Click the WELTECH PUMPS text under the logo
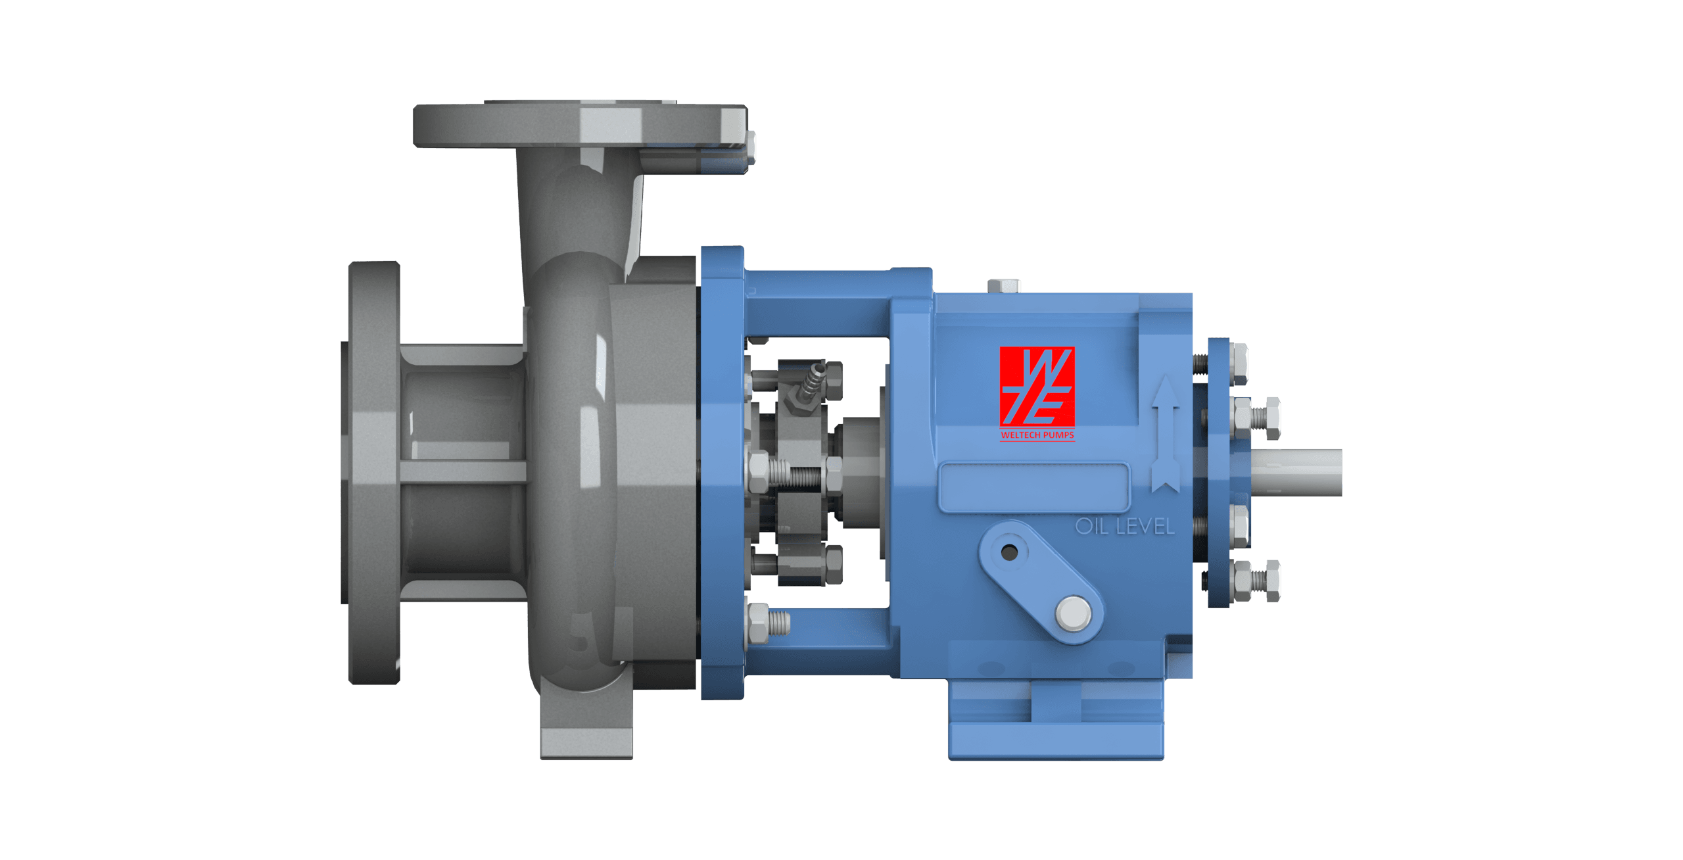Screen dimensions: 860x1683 [x=1037, y=435]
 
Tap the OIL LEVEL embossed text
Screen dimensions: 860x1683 [x=1124, y=527]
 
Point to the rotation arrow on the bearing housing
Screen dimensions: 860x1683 [x=1166, y=434]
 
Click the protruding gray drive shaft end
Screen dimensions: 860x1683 [x=1298, y=472]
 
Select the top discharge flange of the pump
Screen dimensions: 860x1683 [x=579, y=125]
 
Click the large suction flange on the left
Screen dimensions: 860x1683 [x=373, y=473]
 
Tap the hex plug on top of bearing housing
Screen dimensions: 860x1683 [x=1004, y=285]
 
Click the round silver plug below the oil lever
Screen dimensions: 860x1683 [x=1073, y=614]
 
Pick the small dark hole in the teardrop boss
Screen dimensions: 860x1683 [x=1009, y=552]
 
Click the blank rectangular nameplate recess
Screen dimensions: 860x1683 [x=1033, y=487]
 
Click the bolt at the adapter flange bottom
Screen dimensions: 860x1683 [x=766, y=622]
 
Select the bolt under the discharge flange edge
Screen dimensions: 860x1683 [x=751, y=148]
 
